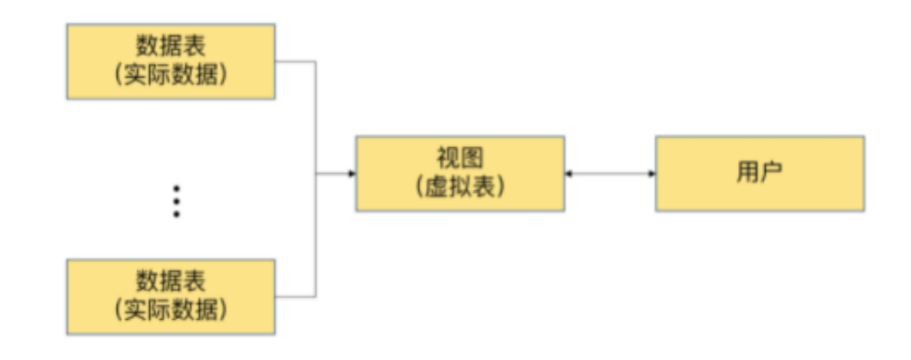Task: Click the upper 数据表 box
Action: point(171,61)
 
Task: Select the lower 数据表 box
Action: point(171,296)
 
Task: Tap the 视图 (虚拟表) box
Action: point(460,174)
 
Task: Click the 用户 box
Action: point(759,174)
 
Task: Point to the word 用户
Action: point(759,174)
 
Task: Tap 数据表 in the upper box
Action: point(171,47)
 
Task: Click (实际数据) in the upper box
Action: point(171,75)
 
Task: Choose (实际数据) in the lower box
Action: point(171,310)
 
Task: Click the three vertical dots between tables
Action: point(176,201)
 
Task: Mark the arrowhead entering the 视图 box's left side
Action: point(351,174)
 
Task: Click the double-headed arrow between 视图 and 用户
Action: point(610,174)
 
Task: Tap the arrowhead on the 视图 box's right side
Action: point(569,174)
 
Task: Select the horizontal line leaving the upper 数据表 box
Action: point(295,61)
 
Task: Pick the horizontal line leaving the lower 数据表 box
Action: point(295,296)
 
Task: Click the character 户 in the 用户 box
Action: point(771,174)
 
